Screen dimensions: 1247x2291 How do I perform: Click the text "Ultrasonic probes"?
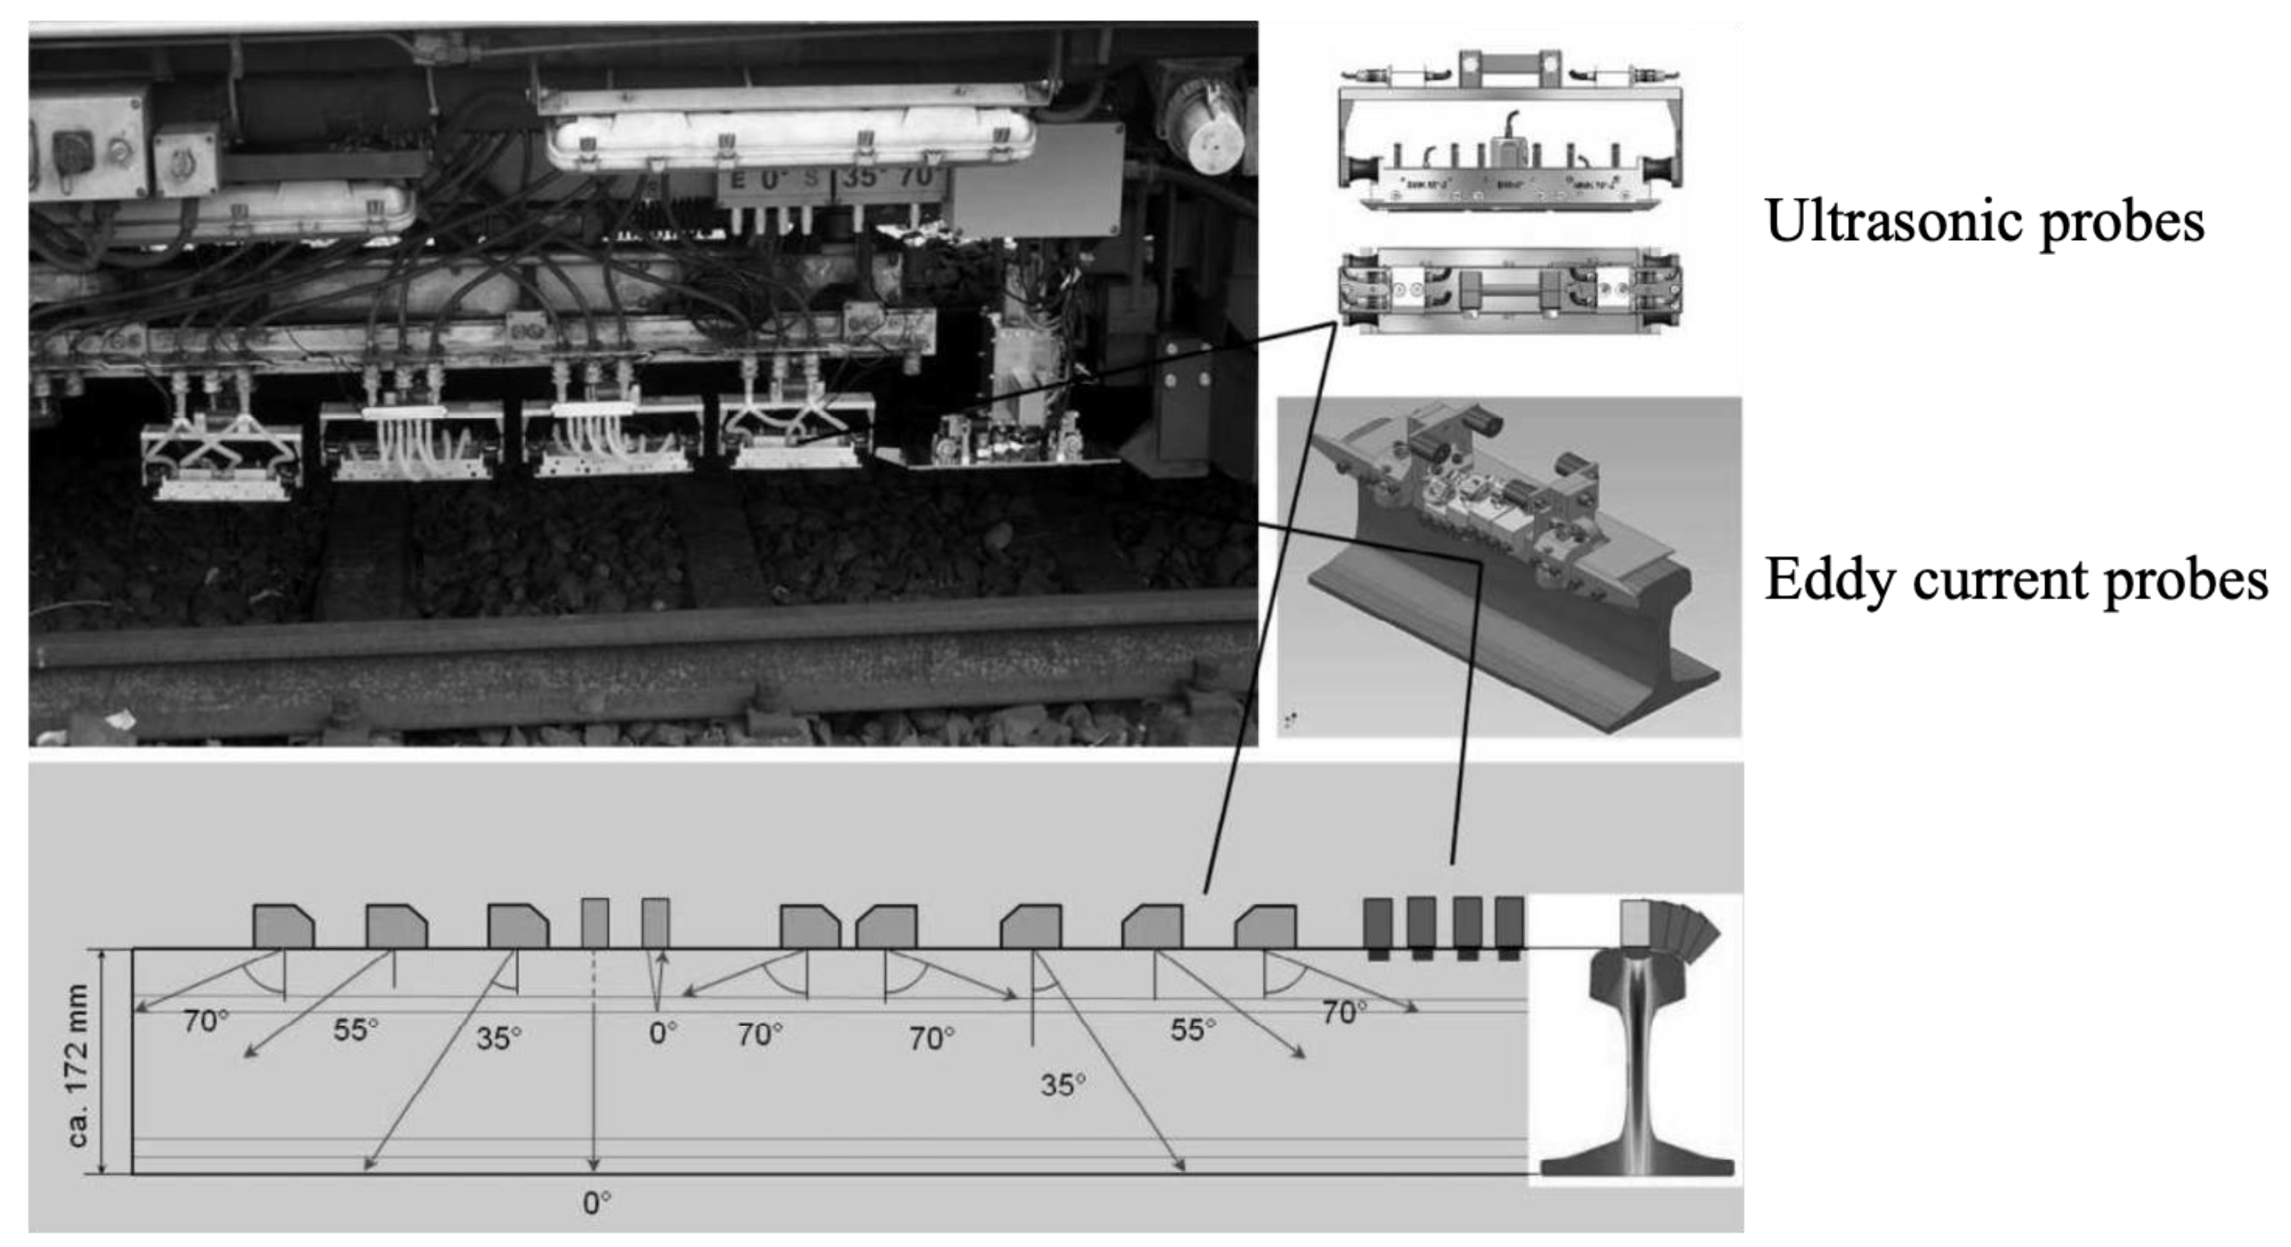(x=1984, y=222)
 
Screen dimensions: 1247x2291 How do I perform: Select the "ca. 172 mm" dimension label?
(x=78, y=1064)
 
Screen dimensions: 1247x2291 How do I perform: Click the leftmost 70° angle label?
(x=205, y=1021)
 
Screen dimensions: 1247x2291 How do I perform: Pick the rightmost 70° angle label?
(x=1344, y=1012)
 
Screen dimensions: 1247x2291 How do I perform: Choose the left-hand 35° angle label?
(x=498, y=1038)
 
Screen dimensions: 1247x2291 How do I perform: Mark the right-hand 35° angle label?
(x=1063, y=1085)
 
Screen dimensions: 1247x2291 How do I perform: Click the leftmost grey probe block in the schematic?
(x=283, y=926)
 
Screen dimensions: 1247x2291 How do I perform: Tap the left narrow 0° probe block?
(x=595, y=923)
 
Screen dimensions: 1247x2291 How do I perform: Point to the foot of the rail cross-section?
(x=1636, y=1165)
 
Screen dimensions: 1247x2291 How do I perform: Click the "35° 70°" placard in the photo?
(x=890, y=179)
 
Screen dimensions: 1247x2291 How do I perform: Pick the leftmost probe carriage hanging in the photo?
(x=222, y=454)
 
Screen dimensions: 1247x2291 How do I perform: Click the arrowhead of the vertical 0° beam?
(x=594, y=1165)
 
